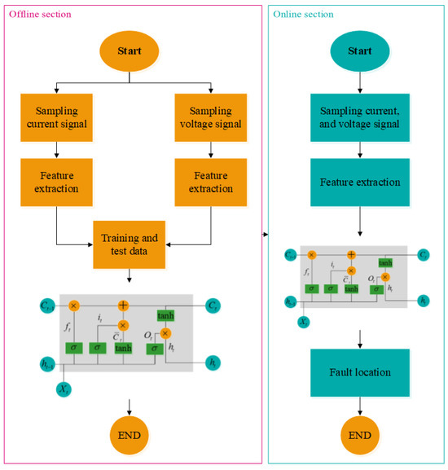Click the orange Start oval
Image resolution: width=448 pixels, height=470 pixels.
pyautogui.click(x=131, y=51)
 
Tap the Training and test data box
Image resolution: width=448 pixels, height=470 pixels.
pyautogui.click(x=130, y=242)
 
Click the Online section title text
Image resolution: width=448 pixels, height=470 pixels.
pyautogui.click(x=304, y=15)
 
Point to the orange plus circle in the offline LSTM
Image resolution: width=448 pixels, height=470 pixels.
pyautogui.click(x=124, y=305)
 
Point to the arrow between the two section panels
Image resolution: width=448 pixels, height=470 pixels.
pyautogui.click(x=266, y=236)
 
